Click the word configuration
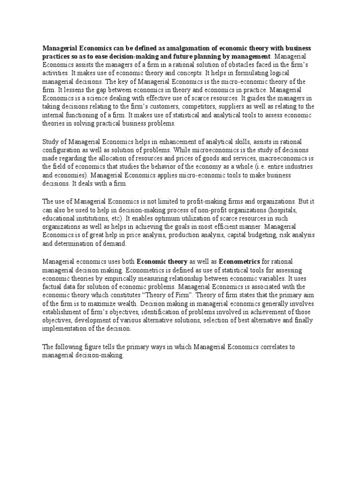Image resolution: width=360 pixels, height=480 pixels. coord(62,150)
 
